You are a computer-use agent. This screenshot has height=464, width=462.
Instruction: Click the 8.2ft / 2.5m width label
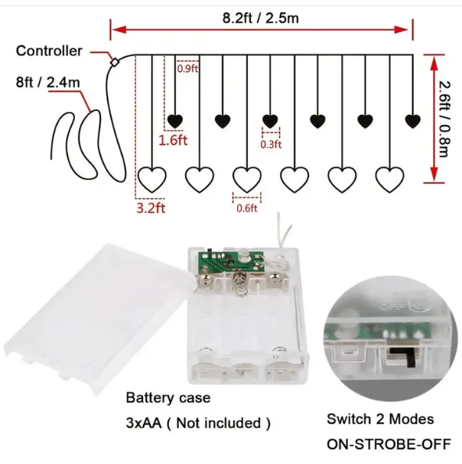(x=260, y=18)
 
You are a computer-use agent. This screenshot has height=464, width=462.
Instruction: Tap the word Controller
(x=49, y=51)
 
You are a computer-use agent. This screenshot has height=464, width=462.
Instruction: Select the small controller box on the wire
(x=114, y=62)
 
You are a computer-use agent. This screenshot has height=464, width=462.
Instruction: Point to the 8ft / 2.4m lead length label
(x=48, y=82)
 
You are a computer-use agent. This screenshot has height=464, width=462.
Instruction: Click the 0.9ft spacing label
(x=187, y=69)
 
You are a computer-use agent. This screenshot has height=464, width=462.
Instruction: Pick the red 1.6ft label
(x=173, y=140)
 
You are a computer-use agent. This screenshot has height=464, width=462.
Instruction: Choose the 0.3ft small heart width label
(x=271, y=145)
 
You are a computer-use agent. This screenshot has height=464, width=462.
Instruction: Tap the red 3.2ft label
(x=151, y=208)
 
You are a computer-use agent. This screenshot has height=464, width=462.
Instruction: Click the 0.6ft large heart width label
(x=247, y=208)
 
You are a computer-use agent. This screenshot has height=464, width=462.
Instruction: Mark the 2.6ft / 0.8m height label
(x=444, y=119)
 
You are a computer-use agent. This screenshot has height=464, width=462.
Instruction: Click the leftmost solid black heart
(x=175, y=121)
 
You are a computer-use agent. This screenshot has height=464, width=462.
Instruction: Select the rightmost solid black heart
(x=412, y=121)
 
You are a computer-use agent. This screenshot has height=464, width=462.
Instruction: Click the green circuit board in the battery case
(x=230, y=262)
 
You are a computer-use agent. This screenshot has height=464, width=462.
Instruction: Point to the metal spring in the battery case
(x=240, y=284)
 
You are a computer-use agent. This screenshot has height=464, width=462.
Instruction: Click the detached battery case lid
(x=98, y=317)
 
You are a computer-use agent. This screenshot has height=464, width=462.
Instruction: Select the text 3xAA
(x=144, y=423)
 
